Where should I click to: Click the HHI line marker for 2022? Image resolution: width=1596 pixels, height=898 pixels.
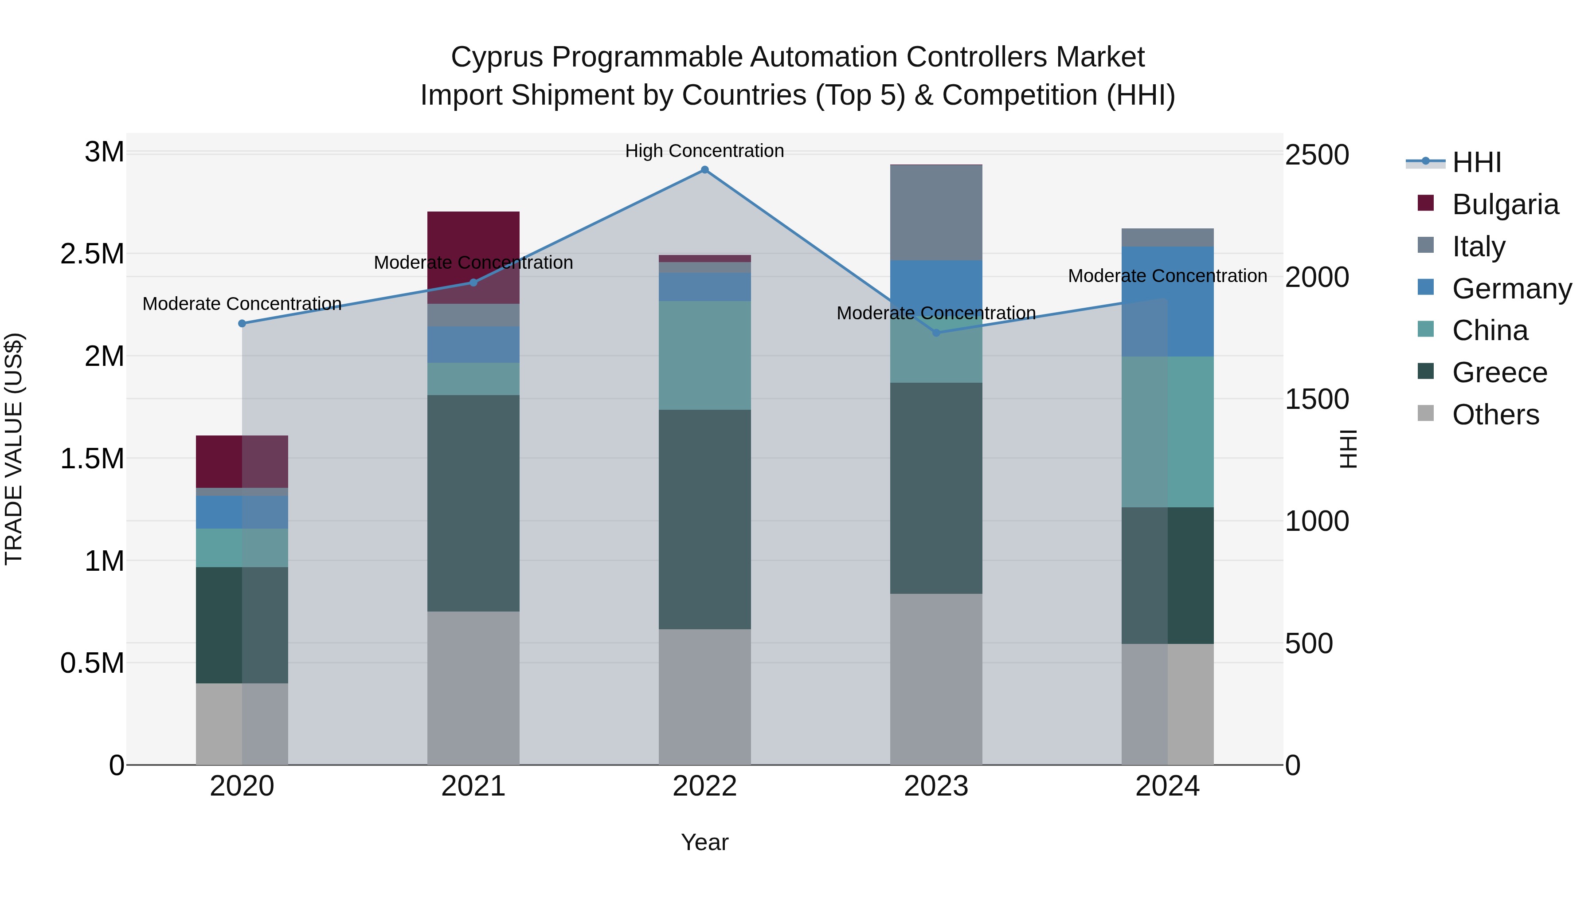tap(704, 170)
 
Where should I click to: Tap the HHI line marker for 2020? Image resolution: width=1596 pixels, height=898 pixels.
tap(242, 324)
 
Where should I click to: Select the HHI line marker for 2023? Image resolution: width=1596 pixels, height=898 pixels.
tap(936, 333)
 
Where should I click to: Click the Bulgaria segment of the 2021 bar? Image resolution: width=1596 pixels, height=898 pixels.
tap(473, 248)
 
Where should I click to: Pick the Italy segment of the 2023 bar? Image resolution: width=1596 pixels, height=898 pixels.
tap(936, 212)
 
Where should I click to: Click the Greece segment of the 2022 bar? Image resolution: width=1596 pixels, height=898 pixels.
tap(704, 519)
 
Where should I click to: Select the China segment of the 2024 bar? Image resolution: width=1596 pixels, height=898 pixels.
tap(1167, 432)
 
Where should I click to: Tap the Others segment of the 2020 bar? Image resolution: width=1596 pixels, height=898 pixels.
tap(242, 724)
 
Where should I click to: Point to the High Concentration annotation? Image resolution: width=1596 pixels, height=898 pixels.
tap(704, 151)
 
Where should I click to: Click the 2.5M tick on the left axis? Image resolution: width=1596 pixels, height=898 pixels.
tap(92, 254)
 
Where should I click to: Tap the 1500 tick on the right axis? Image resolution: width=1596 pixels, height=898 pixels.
tap(1317, 399)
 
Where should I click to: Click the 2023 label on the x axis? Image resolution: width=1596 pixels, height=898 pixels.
tap(936, 786)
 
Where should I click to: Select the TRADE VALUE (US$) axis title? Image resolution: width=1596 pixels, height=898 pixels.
tap(14, 449)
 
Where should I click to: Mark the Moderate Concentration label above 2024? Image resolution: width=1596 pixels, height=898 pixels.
tap(1167, 276)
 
